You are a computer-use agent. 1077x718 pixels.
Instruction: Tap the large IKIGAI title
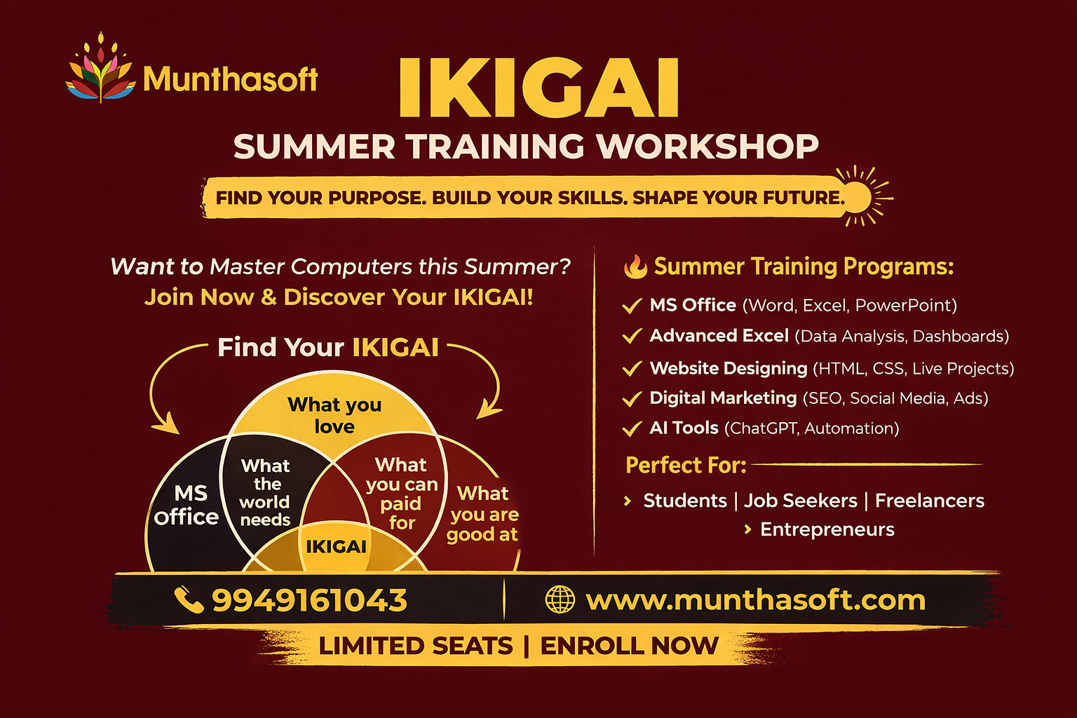point(538,88)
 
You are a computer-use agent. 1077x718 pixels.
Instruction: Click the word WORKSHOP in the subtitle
point(707,147)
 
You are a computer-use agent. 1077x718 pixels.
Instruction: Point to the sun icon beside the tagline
point(857,196)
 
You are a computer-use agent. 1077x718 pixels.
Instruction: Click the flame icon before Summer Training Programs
point(635,267)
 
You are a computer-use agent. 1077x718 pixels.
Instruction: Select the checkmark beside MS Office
point(632,306)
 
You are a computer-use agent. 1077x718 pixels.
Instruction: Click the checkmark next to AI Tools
point(632,428)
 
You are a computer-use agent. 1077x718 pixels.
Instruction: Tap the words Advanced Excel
point(719,336)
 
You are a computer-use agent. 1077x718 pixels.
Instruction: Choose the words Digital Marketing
point(723,398)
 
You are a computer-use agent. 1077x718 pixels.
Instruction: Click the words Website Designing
point(729,368)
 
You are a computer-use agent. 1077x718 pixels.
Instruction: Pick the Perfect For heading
point(685,465)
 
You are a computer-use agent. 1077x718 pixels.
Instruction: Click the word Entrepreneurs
point(827,529)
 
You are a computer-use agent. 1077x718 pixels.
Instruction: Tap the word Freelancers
point(930,501)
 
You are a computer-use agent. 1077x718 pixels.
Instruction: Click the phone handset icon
point(188,600)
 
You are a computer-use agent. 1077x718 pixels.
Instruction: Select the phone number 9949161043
point(309,600)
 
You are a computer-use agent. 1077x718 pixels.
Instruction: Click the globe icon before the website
point(560,600)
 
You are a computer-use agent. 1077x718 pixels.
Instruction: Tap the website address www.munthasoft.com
point(755,600)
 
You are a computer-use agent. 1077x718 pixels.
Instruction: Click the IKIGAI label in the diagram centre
point(336,546)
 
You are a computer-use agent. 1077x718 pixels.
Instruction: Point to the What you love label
point(334,415)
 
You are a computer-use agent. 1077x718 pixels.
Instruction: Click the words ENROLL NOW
point(629,646)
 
